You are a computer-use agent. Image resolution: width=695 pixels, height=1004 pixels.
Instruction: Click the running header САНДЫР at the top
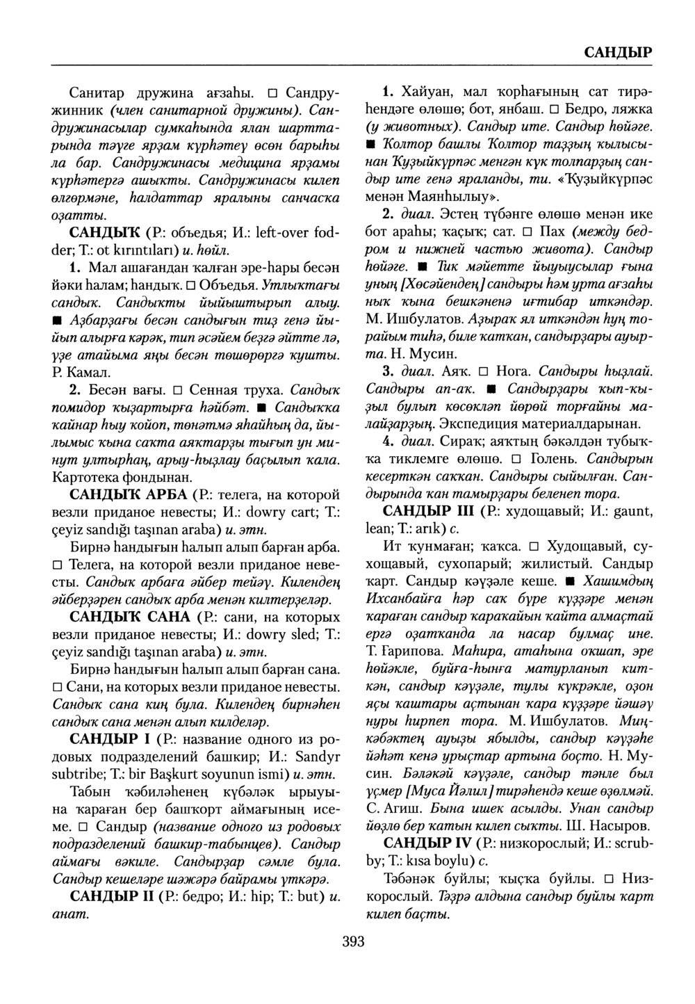616,52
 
